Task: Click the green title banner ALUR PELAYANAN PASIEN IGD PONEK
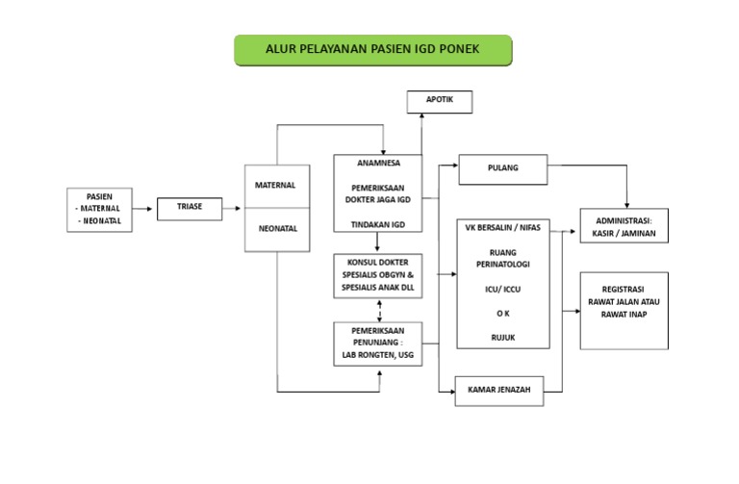click(372, 50)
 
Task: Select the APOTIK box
click(438, 100)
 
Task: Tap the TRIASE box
click(190, 206)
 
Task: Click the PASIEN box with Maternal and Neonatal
click(99, 210)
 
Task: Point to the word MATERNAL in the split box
click(275, 184)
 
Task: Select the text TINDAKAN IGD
click(377, 223)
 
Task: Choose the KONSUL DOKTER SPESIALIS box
click(377, 275)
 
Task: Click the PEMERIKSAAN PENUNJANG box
click(377, 344)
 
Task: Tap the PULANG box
click(502, 168)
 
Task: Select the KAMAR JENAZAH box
click(499, 390)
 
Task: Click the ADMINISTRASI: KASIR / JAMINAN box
click(623, 226)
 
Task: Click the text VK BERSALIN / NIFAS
click(502, 230)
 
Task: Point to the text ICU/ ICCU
click(502, 289)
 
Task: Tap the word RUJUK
click(502, 338)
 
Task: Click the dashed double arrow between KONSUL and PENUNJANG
click(382, 311)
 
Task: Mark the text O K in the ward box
click(502, 314)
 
